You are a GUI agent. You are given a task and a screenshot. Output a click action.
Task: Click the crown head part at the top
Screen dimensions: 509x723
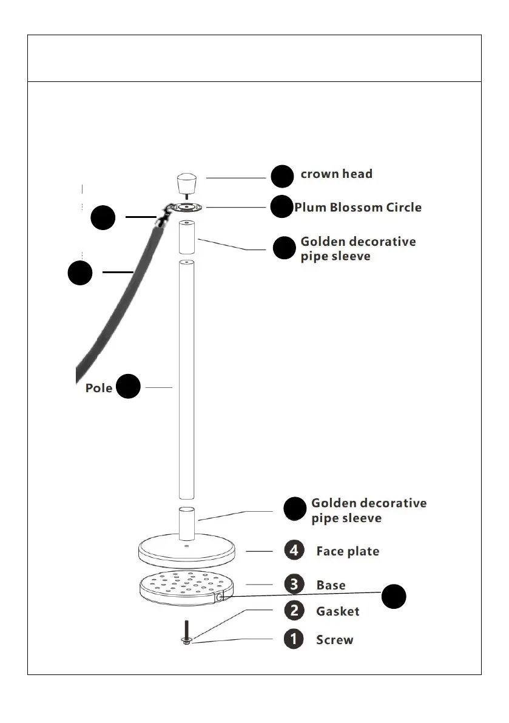187,183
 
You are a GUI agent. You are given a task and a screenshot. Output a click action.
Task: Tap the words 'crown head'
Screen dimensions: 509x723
337,174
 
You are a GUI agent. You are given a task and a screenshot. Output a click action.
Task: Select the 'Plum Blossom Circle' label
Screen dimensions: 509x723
358,208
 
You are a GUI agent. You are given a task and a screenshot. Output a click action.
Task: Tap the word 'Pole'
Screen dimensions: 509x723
98,388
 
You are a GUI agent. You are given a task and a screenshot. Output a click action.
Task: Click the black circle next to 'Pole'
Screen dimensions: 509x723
129,387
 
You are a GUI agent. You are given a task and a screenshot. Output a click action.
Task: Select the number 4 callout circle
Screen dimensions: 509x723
294,551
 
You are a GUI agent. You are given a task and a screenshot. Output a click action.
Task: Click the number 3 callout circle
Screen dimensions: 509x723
294,585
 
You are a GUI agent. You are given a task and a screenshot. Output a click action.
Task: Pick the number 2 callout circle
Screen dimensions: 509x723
294,611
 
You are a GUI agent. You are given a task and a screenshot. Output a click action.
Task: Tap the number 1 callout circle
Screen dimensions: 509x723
294,640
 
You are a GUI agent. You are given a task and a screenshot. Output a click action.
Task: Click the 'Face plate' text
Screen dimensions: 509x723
348,552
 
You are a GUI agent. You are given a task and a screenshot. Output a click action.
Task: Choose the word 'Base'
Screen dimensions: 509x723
331,585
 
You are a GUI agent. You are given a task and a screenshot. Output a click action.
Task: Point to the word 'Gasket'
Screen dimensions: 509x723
337,611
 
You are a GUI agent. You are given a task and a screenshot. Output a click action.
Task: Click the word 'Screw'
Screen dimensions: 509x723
334,640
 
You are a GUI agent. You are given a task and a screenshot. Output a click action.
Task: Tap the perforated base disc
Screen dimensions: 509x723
186,588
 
